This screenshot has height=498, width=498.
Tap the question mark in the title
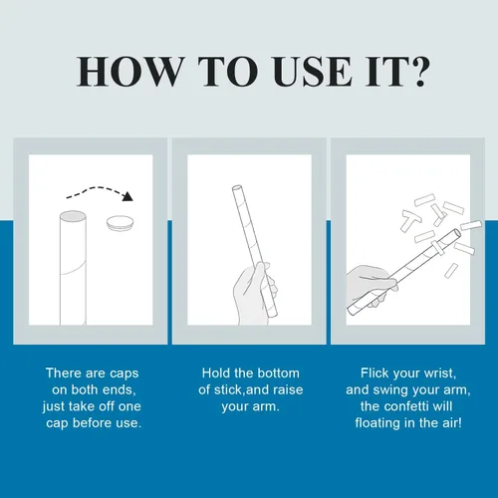pos(418,71)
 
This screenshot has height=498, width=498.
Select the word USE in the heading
pos(313,72)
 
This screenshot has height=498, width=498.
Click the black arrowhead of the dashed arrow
pos(127,196)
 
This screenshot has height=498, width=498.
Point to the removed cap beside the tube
pos(120,222)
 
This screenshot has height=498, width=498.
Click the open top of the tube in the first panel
pos(73,216)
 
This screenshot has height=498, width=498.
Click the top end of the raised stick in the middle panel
pos(236,188)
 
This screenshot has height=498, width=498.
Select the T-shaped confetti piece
pos(410,220)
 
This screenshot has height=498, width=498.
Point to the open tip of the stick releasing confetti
pos(457,232)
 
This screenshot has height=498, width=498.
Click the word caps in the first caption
pos(124,373)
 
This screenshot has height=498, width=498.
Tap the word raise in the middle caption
pos(288,389)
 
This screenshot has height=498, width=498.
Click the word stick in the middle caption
pos(228,389)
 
